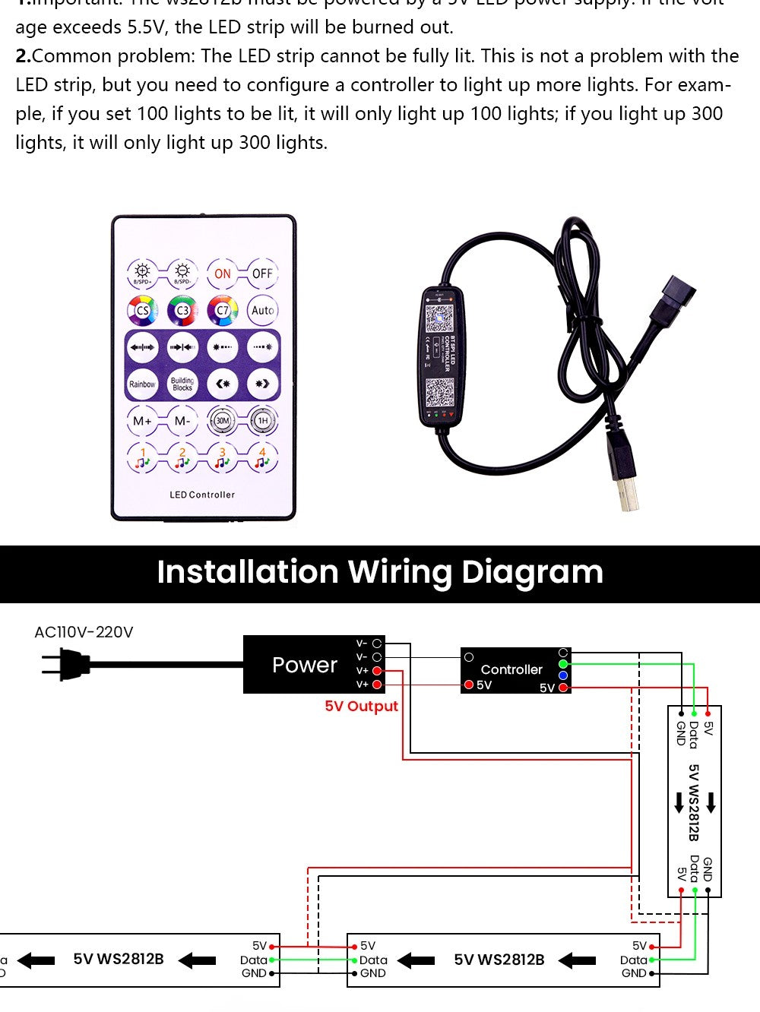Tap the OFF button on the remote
pos(262,274)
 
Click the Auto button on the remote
pos(262,310)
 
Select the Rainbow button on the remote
pos(142,384)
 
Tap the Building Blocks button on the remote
pos(182,384)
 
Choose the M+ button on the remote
pos(142,420)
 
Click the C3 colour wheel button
pos(182,310)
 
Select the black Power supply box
pos(304,665)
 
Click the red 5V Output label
pos(361,706)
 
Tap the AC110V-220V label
pos(84,632)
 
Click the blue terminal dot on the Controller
pos(563,675)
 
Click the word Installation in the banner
pos(247,572)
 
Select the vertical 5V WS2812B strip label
pos(693,802)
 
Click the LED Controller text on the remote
pos(202,495)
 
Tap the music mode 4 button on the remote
pos(262,457)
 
